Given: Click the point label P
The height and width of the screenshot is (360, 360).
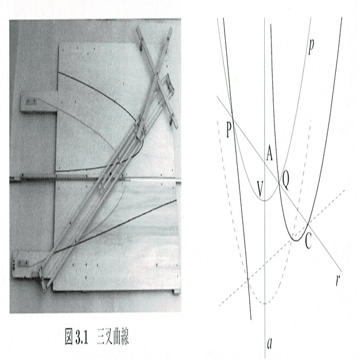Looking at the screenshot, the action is point(229,129).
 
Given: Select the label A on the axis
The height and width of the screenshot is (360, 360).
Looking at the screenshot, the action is point(269,154).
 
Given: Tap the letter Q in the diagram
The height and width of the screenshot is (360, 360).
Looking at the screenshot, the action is point(285,181).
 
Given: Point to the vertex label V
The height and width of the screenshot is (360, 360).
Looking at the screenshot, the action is point(260,189).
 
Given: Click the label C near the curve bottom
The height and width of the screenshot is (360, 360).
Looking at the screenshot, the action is point(308,242).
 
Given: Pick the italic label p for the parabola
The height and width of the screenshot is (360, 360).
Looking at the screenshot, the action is point(311,47).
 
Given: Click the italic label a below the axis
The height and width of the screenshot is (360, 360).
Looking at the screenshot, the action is point(269,343).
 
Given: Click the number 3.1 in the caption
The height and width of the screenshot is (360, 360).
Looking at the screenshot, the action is point(82,338).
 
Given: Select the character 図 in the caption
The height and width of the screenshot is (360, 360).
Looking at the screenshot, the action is point(69,338).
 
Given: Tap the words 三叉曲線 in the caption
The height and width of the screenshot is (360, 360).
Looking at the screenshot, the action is point(113,338).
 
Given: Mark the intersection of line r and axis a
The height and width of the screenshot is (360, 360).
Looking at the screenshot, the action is point(265,163).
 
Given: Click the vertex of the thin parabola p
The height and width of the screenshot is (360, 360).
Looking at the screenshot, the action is point(265,200).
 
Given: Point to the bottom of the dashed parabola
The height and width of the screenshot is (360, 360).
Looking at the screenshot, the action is point(265,304).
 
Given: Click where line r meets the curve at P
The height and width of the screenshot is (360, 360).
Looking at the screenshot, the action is point(233,118).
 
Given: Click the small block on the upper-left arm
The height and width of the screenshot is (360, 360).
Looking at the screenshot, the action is point(30,101).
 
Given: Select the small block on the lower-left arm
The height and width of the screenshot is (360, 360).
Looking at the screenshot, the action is point(22,263).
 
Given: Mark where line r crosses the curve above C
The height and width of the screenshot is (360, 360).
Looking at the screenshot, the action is point(308,222).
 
